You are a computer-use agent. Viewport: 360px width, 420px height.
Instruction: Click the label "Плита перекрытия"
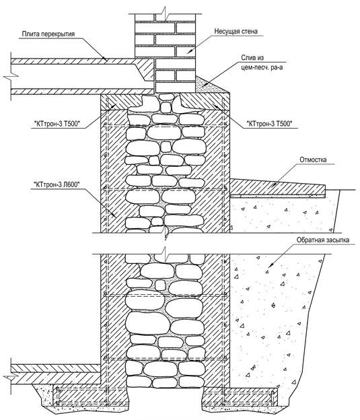point(48,34)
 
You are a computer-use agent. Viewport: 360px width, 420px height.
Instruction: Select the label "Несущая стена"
point(236,32)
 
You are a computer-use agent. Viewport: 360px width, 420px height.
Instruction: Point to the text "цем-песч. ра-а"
point(262,67)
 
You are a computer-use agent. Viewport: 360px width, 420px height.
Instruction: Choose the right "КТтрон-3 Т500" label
point(269,124)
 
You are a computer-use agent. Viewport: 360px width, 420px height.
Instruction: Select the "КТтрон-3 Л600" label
point(57,184)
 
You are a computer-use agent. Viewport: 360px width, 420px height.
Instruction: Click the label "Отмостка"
point(313,160)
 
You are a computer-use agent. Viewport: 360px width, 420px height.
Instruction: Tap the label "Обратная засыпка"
point(323,240)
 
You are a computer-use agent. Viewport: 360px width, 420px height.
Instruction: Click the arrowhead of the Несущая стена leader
point(189,51)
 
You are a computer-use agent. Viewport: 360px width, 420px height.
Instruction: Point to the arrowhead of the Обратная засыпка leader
point(271,265)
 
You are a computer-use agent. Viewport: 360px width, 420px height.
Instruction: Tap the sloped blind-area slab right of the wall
point(277,187)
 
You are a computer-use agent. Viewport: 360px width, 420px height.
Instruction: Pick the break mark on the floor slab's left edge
point(11,77)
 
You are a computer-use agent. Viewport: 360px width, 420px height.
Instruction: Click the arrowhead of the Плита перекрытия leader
point(105,59)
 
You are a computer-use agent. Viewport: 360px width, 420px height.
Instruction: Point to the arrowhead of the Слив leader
point(205,85)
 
